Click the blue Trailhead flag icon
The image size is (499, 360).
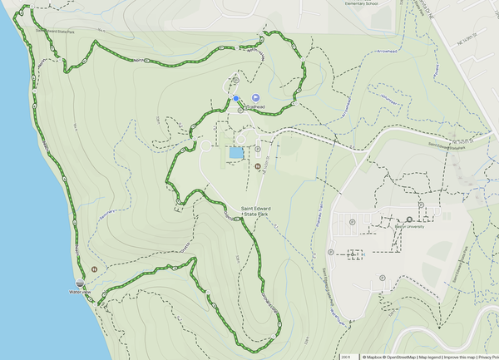point(256,98)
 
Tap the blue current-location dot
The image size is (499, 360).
point(236,98)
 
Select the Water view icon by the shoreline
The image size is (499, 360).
point(81,284)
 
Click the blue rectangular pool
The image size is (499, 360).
point(236,153)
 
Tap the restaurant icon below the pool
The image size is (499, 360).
point(257,165)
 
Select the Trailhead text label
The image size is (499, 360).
point(253,108)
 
